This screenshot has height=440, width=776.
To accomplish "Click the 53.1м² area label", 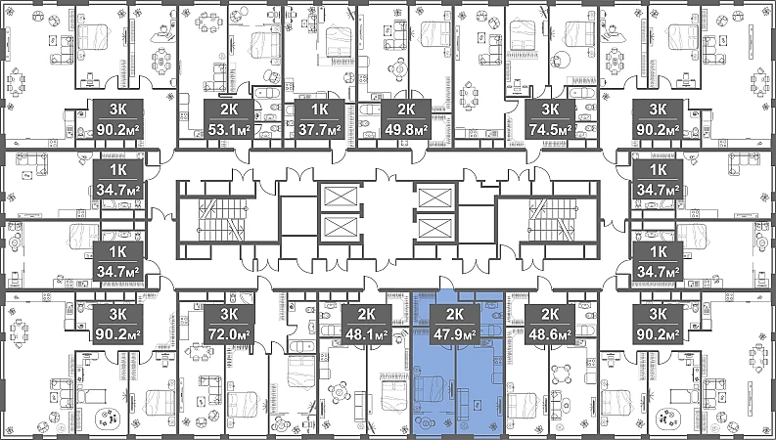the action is [229, 130].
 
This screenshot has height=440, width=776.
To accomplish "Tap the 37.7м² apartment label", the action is [320, 130].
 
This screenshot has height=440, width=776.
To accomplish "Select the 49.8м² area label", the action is [406, 130].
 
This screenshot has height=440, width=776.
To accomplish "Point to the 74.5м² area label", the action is [550, 130].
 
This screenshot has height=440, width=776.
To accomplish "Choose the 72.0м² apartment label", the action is [229, 335].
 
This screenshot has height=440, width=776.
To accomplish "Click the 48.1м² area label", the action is [366, 335].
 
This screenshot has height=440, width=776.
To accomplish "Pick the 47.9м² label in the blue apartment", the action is [455, 335].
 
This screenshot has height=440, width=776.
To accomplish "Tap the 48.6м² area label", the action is [550, 335].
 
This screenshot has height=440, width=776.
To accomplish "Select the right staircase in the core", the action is [552, 219].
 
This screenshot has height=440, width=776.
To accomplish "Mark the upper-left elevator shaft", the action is [340, 198].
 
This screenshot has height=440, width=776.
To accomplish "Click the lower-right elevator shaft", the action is [436, 229].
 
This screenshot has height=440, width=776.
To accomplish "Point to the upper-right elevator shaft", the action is [436, 198].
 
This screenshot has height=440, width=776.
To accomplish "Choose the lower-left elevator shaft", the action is [340, 229].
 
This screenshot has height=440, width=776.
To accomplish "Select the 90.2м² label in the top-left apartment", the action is [117, 130].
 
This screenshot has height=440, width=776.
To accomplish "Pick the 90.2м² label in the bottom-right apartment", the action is [658, 335].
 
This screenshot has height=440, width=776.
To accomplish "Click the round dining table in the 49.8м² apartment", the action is [398, 68].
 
